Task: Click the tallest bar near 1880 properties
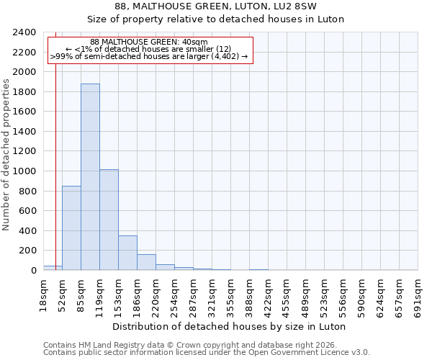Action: point(90,177)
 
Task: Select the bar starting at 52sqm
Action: point(71,228)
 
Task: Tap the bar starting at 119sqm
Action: point(109,220)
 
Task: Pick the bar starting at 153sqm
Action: point(127,253)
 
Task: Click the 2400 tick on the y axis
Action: point(25,32)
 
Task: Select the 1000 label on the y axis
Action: point(25,171)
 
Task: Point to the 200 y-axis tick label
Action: point(28,251)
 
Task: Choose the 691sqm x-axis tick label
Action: point(418,294)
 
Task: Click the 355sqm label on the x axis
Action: point(230,294)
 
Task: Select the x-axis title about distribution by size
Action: point(230,326)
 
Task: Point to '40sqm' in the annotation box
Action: point(196,42)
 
